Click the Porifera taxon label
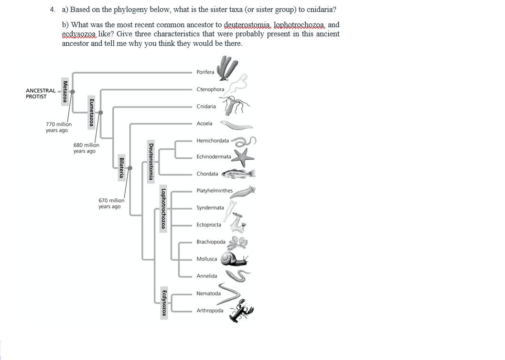pyautogui.click(x=205, y=72)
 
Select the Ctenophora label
pyautogui.click(x=210, y=89)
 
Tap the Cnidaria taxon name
pyautogui.click(x=206, y=106)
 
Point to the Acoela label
pyautogui.click(x=204, y=123)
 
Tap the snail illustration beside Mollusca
pyautogui.click(x=233, y=259)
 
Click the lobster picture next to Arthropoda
pyautogui.click(x=242, y=311)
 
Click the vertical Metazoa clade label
pyautogui.click(x=65, y=91)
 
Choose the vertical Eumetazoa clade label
pyautogui.click(x=91, y=113)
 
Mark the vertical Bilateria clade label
pyautogui.click(x=122, y=168)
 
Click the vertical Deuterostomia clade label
pyautogui.click(x=151, y=161)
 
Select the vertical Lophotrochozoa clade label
pyautogui.click(x=163, y=210)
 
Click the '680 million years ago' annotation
pyautogui.click(x=86, y=148)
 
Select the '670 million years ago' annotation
pyautogui.click(x=111, y=204)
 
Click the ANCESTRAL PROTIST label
pyautogui.click(x=40, y=93)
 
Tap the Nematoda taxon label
pyautogui.click(x=208, y=294)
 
